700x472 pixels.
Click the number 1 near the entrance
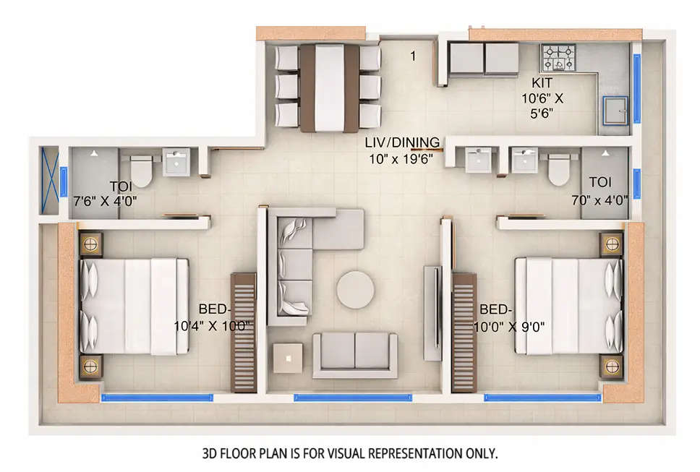click(413, 56)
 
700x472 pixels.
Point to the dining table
click(329, 87)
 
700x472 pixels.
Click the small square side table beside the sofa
click(288, 358)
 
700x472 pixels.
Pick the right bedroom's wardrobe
click(464, 332)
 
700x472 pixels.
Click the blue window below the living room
click(353, 397)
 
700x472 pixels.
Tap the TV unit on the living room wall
click(432, 312)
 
